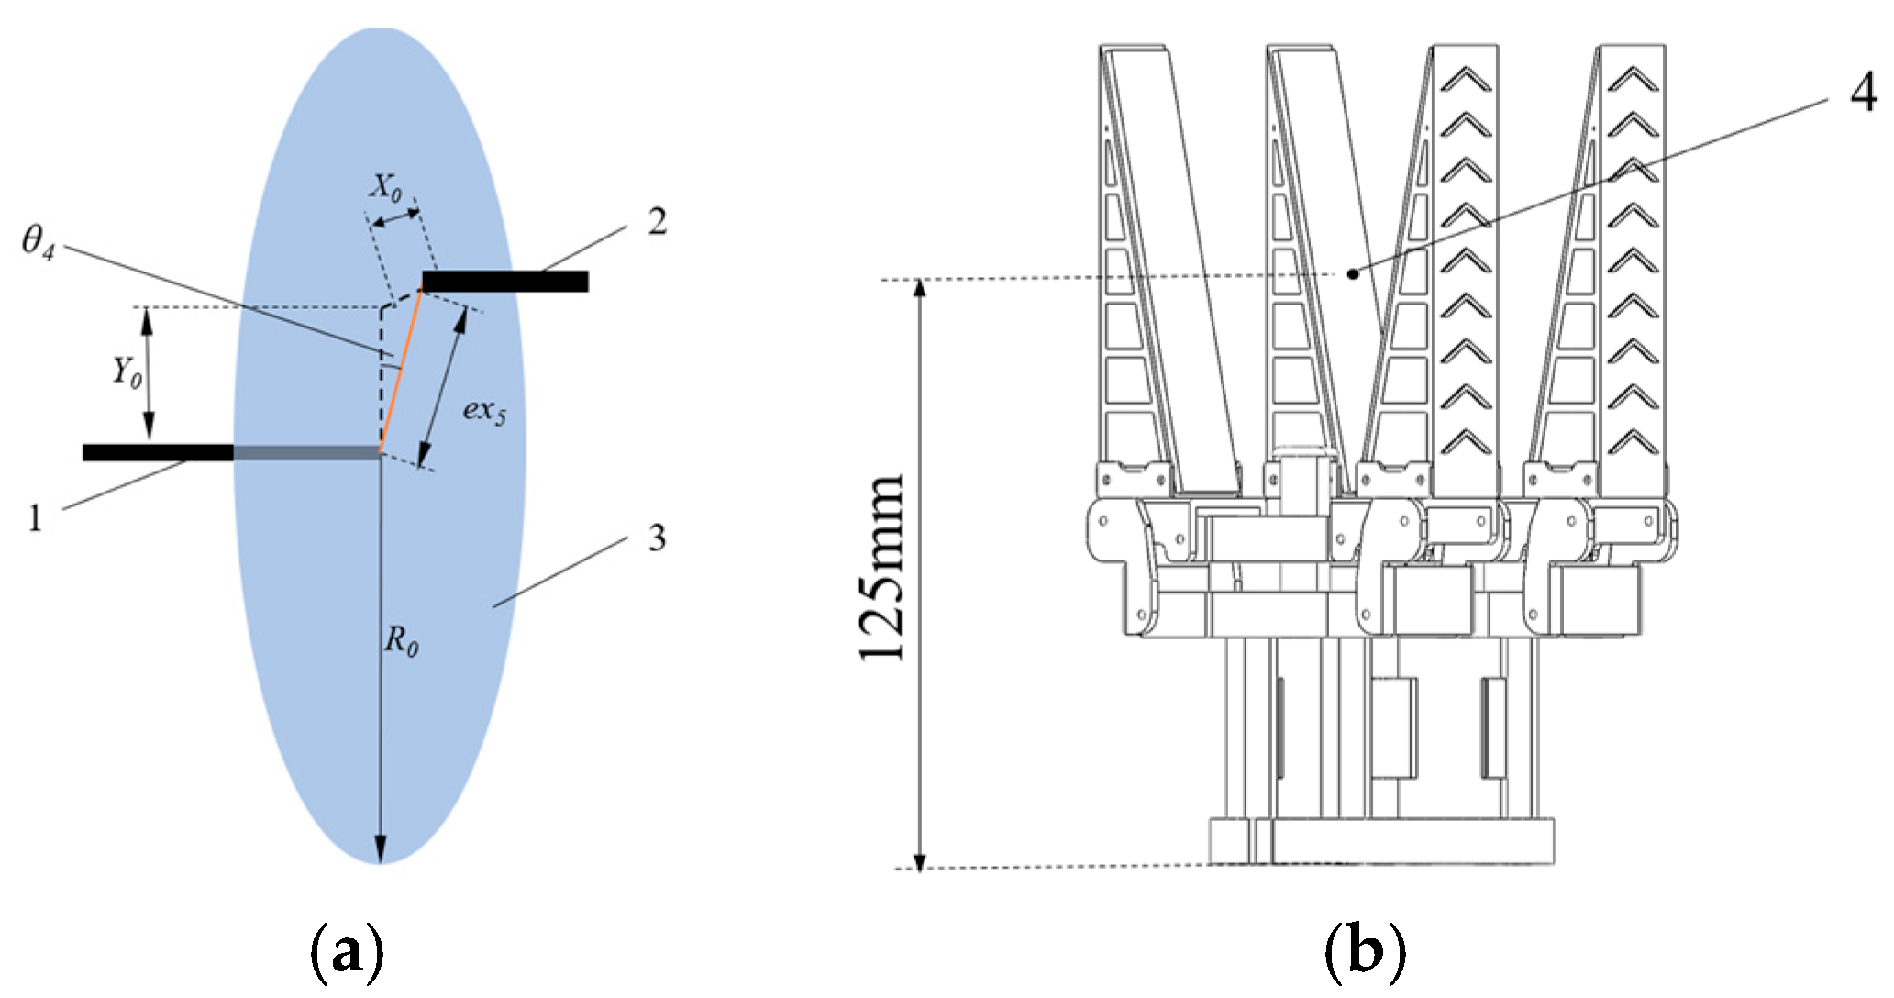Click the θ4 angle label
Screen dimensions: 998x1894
click(38, 243)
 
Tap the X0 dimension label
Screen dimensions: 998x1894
click(386, 187)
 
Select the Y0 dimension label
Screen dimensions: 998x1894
click(127, 371)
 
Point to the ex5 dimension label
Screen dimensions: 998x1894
click(483, 409)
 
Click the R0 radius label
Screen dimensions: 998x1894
click(401, 639)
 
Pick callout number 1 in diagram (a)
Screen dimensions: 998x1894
click(35, 519)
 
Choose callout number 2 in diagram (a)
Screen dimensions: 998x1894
click(657, 222)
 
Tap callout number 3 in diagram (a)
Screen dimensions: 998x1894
click(657, 538)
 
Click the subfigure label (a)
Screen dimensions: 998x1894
click(346, 954)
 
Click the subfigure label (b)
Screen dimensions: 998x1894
click(1365, 954)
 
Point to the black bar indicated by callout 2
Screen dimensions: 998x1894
click(505, 281)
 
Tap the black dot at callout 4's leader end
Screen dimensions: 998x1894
click(1352, 272)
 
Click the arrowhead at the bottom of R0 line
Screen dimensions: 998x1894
click(380, 850)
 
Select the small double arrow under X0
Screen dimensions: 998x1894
click(394, 217)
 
